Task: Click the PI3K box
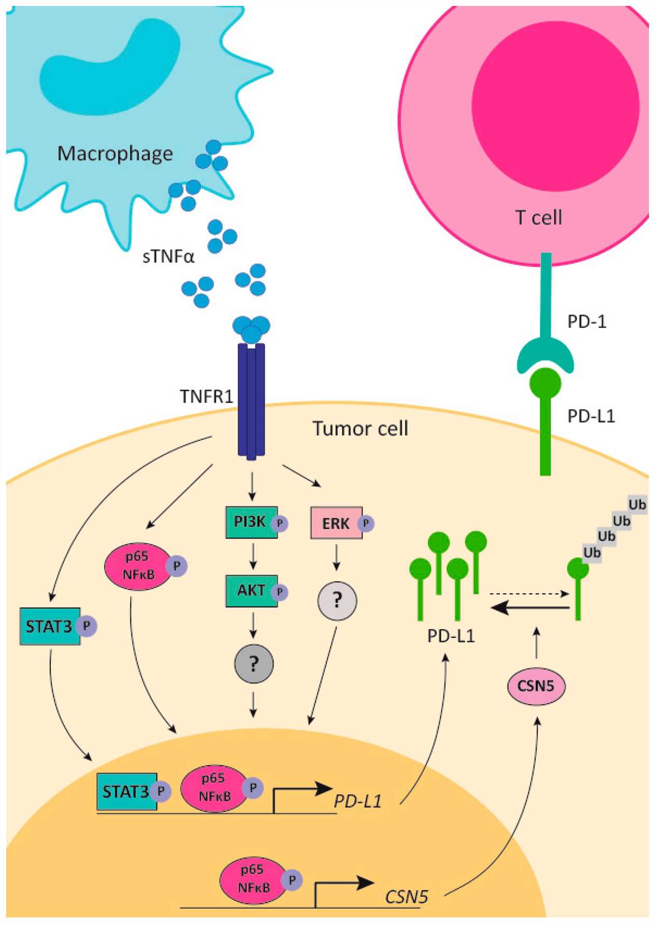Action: [251, 522]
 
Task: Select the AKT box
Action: [251, 591]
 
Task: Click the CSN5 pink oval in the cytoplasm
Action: [536, 686]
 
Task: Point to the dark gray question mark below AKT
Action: [254, 664]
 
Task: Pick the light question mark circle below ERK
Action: [337, 601]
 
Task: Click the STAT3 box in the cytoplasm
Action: [49, 627]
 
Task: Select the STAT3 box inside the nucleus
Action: [126, 792]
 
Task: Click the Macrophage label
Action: [115, 154]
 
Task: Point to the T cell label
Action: [538, 217]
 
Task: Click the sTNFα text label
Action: [168, 256]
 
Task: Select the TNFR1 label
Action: [206, 397]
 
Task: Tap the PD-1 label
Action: [586, 322]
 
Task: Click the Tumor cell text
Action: [360, 429]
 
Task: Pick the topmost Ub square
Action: [637, 505]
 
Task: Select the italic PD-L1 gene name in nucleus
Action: [357, 801]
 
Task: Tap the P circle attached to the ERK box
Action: [366, 524]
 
